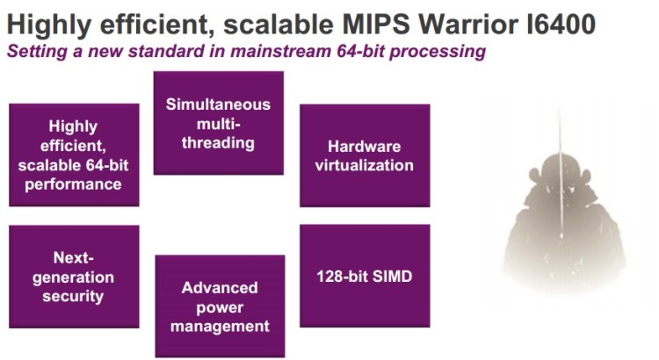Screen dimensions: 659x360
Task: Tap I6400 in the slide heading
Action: pyautogui.click(x=561, y=24)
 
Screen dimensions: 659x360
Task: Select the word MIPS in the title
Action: pyautogui.click(x=376, y=24)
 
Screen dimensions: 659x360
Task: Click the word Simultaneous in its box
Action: pyautogui.click(x=218, y=104)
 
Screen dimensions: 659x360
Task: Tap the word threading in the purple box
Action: pyautogui.click(x=218, y=143)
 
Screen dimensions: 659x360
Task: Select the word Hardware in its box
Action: pyautogui.click(x=365, y=147)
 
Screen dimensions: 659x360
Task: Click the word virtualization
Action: pyautogui.click(x=365, y=165)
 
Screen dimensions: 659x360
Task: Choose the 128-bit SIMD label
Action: pyautogui.click(x=365, y=277)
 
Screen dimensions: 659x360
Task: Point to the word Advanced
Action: pyautogui.click(x=220, y=288)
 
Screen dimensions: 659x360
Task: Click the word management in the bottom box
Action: pyautogui.click(x=220, y=327)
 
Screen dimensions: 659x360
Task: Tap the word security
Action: pyautogui.click(x=73, y=296)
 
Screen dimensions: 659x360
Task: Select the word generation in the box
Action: pyautogui.click(x=73, y=277)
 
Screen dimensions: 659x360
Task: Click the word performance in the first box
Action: pyautogui.click(x=73, y=184)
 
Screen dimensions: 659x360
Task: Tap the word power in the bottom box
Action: pyautogui.click(x=220, y=308)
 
